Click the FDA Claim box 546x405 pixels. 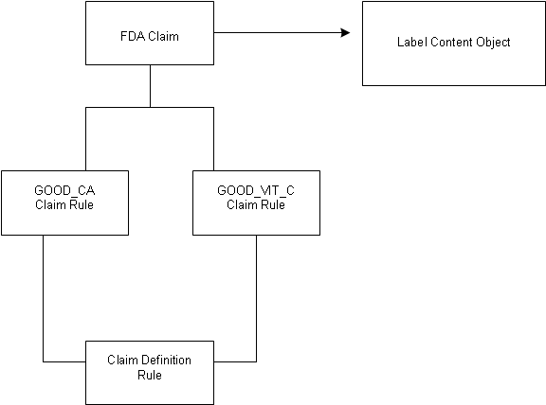tap(150, 33)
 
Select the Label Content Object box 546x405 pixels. tap(454, 44)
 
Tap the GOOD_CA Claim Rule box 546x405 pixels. tap(64, 203)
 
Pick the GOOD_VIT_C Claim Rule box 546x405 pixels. tap(256, 203)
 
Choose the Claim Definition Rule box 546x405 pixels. tap(150, 373)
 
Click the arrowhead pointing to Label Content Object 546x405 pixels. tap(345, 33)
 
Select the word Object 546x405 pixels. tap(493, 43)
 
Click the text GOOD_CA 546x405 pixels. tap(64, 190)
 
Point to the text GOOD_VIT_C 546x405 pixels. tap(256, 190)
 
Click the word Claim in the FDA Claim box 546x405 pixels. tap(163, 36)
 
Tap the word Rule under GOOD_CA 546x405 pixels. tap(82, 204)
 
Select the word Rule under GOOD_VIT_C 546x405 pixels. tap(273, 204)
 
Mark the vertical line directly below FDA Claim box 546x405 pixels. tap(150, 86)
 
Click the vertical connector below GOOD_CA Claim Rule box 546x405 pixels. tap(44, 298)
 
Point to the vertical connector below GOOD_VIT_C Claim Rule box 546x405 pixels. tap(257, 298)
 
